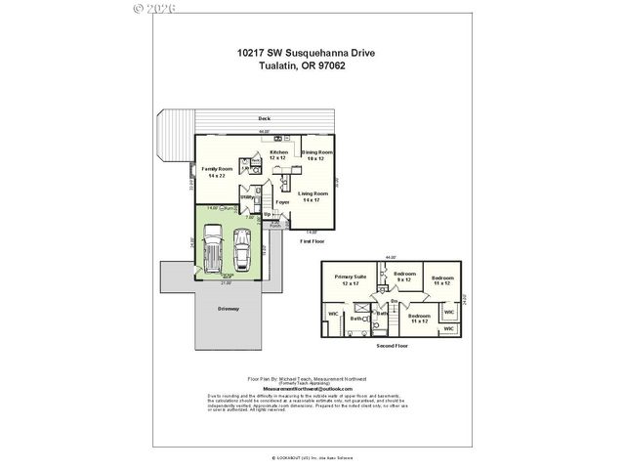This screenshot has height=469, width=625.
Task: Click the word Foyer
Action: click(x=283, y=202)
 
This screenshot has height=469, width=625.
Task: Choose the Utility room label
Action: click(x=248, y=197)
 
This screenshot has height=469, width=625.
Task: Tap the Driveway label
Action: click(x=229, y=309)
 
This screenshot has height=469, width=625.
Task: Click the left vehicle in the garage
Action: click(x=211, y=251)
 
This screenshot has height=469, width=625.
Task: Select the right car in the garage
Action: click(x=242, y=250)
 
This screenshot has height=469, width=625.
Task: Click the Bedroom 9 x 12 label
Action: click(x=405, y=277)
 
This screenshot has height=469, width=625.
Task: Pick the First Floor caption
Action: click(x=311, y=239)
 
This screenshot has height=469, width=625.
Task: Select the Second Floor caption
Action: click(x=391, y=346)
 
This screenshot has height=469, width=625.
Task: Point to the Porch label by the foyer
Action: click(x=263, y=225)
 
